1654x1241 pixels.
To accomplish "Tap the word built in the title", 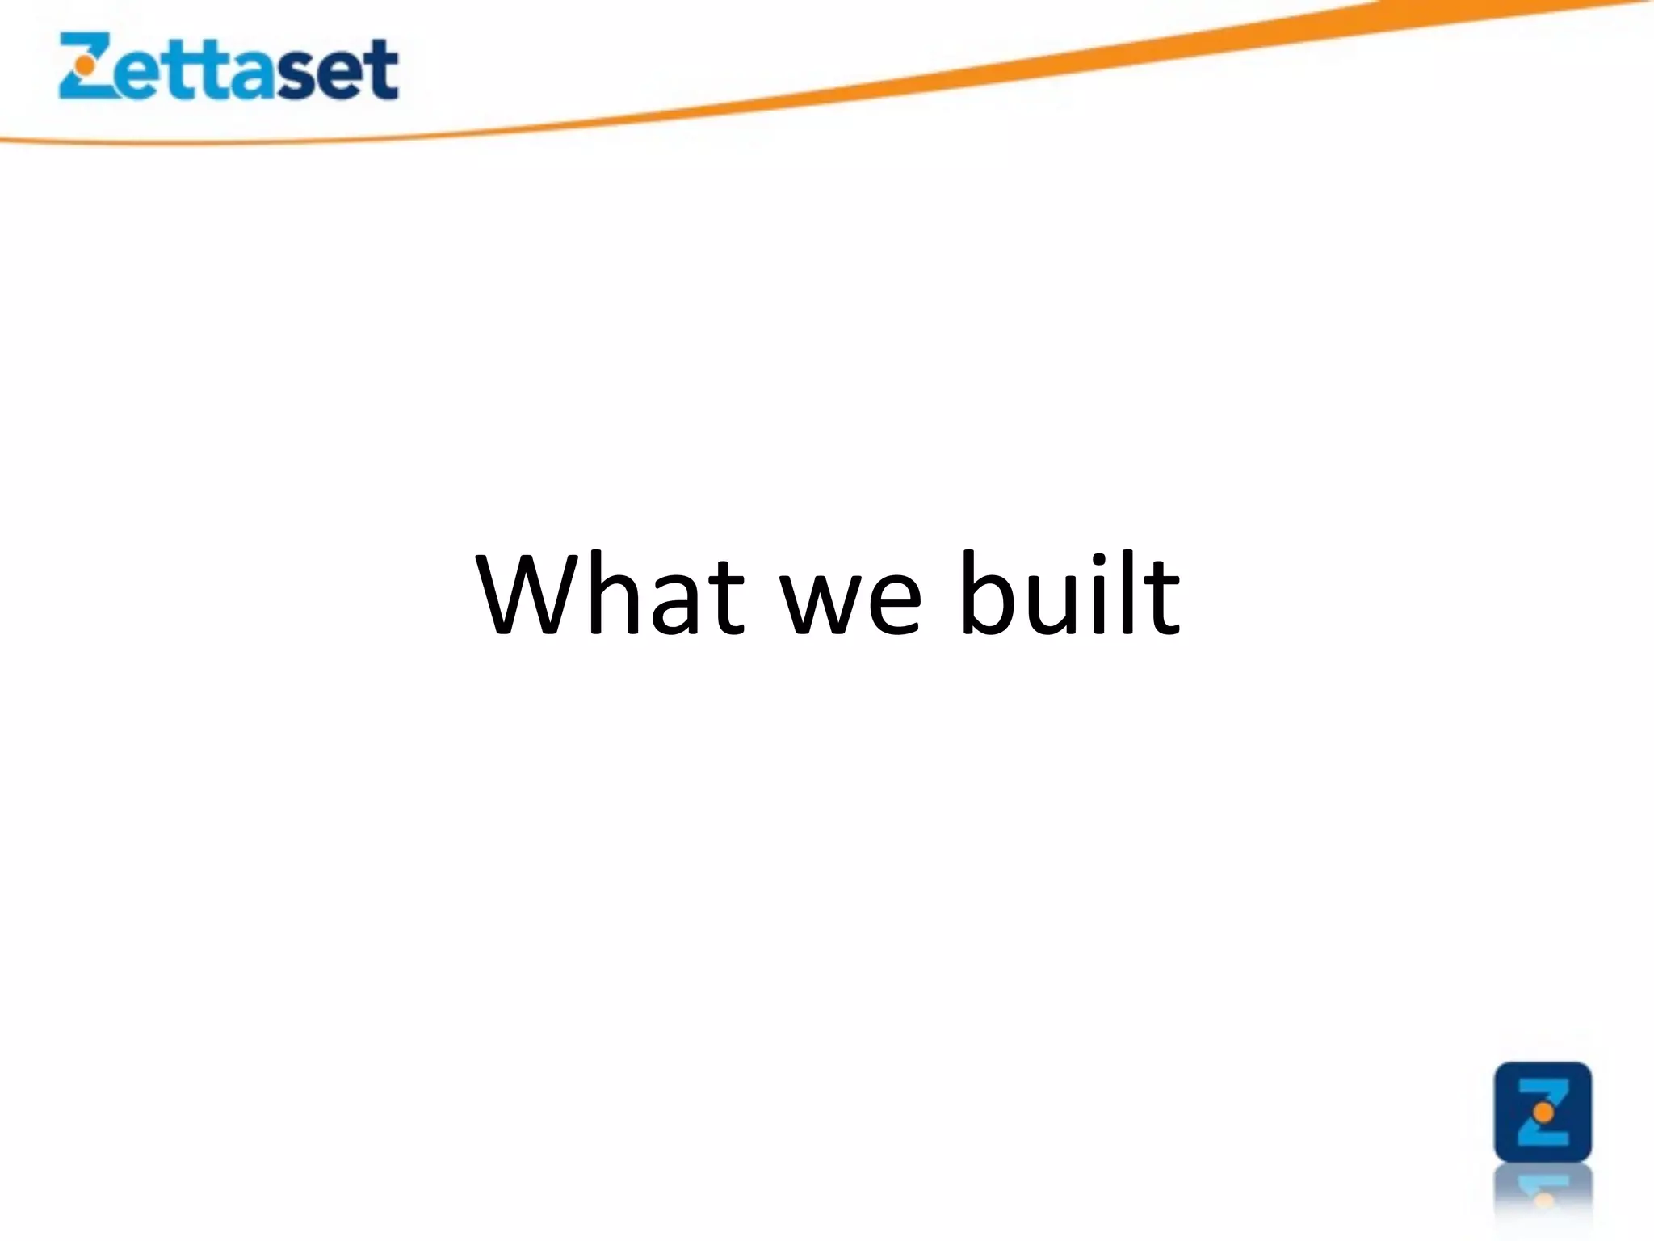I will (x=1070, y=594).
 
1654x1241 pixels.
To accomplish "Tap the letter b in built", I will (x=987, y=594).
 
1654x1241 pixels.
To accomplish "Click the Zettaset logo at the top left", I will (x=229, y=67).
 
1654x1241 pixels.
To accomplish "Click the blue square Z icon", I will (x=1543, y=1113).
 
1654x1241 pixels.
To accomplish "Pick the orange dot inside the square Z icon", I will (x=1543, y=1113).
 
